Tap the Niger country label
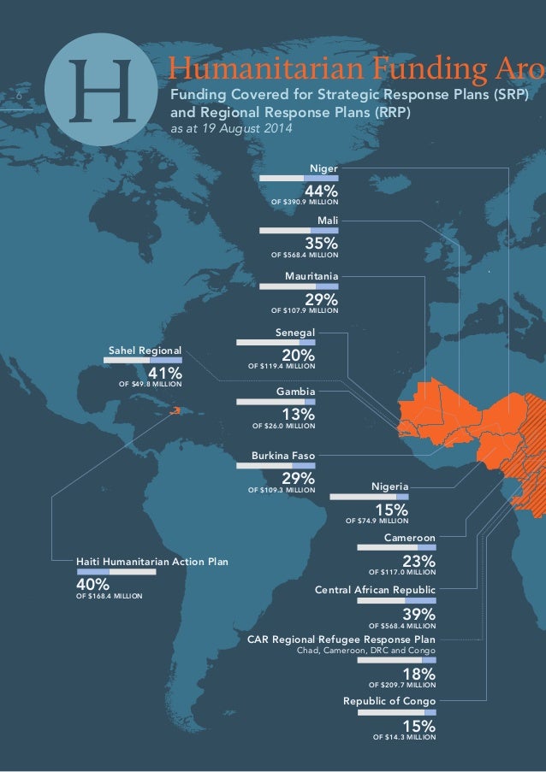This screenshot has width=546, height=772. click(324, 169)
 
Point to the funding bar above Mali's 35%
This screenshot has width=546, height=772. click(299, 231)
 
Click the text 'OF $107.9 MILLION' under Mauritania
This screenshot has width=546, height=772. click(305, 310)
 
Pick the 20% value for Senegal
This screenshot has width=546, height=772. click(299, 355)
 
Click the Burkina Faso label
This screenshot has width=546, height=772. click(283, 457)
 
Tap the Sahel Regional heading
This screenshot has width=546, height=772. click(145, 351)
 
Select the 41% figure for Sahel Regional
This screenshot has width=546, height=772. click(164, 374)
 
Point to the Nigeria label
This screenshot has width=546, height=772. click(389, 486)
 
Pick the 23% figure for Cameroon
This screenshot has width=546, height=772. click(419, 561)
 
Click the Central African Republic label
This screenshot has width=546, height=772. click(376, 591)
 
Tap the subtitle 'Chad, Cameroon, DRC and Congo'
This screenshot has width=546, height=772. click(365, 650)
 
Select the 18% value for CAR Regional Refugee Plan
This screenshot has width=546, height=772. click(419, 674)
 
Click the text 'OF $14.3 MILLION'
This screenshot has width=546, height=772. click(405, 736)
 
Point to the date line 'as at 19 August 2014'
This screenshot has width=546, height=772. click(232, 129)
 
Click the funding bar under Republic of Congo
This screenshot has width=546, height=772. click(397, 712)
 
